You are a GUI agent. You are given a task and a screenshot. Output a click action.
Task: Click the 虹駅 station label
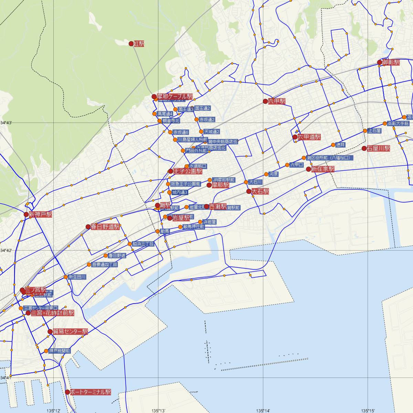(x=139, y=44)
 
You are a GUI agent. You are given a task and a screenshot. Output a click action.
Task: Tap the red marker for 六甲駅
(x=265, y=101)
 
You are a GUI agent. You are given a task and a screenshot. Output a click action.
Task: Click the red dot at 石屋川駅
(x=364, y=149)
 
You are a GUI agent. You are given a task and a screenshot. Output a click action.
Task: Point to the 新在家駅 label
(x=323, y=169)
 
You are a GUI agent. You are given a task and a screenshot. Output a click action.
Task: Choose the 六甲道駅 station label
(x=309, y=137)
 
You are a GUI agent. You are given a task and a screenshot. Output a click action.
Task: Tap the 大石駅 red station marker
(x=249, y=191)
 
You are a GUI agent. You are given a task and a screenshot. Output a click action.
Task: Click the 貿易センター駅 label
(x=70, y=332)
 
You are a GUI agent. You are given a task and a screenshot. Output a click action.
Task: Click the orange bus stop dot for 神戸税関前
(x=46, y=351)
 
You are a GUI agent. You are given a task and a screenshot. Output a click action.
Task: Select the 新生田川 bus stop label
(x=77, y=277)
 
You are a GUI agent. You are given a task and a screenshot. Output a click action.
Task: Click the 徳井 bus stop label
(x=340, y=145)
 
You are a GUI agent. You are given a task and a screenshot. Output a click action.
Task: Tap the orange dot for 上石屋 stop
(x=365, y=131)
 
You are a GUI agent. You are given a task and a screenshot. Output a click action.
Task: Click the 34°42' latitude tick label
(x=6, y=250)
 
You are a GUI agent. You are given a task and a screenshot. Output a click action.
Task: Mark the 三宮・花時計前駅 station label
(x=52, y=313)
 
